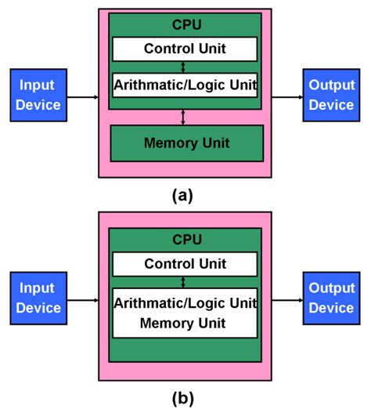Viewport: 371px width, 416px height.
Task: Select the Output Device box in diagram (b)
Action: click(x=331, y=298)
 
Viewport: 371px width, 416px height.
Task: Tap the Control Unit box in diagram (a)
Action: click(x=185, y=49)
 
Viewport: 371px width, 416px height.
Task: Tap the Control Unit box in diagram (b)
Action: click(x=185, y=264)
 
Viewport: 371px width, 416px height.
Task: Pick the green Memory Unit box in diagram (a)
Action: click(x=185, y=143)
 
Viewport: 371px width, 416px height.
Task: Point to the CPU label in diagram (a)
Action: click(x=185, y=24)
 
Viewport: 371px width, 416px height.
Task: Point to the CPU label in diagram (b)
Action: click(x=185, y=240)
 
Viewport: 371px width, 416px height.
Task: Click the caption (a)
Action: click(x=182, y=195)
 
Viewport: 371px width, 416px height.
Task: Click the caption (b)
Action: click(x=182, y=398)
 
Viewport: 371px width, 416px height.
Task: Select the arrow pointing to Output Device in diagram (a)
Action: click(x=286, y=96)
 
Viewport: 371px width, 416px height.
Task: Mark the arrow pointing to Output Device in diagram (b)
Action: click(x=286, y=300)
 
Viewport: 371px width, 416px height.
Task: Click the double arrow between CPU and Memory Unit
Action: click(x=184, y=117)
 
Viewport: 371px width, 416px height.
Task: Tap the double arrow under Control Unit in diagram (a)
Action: click(x=184, y=67)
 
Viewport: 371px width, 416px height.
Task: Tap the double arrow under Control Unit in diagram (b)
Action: click(x=184, y=282)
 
